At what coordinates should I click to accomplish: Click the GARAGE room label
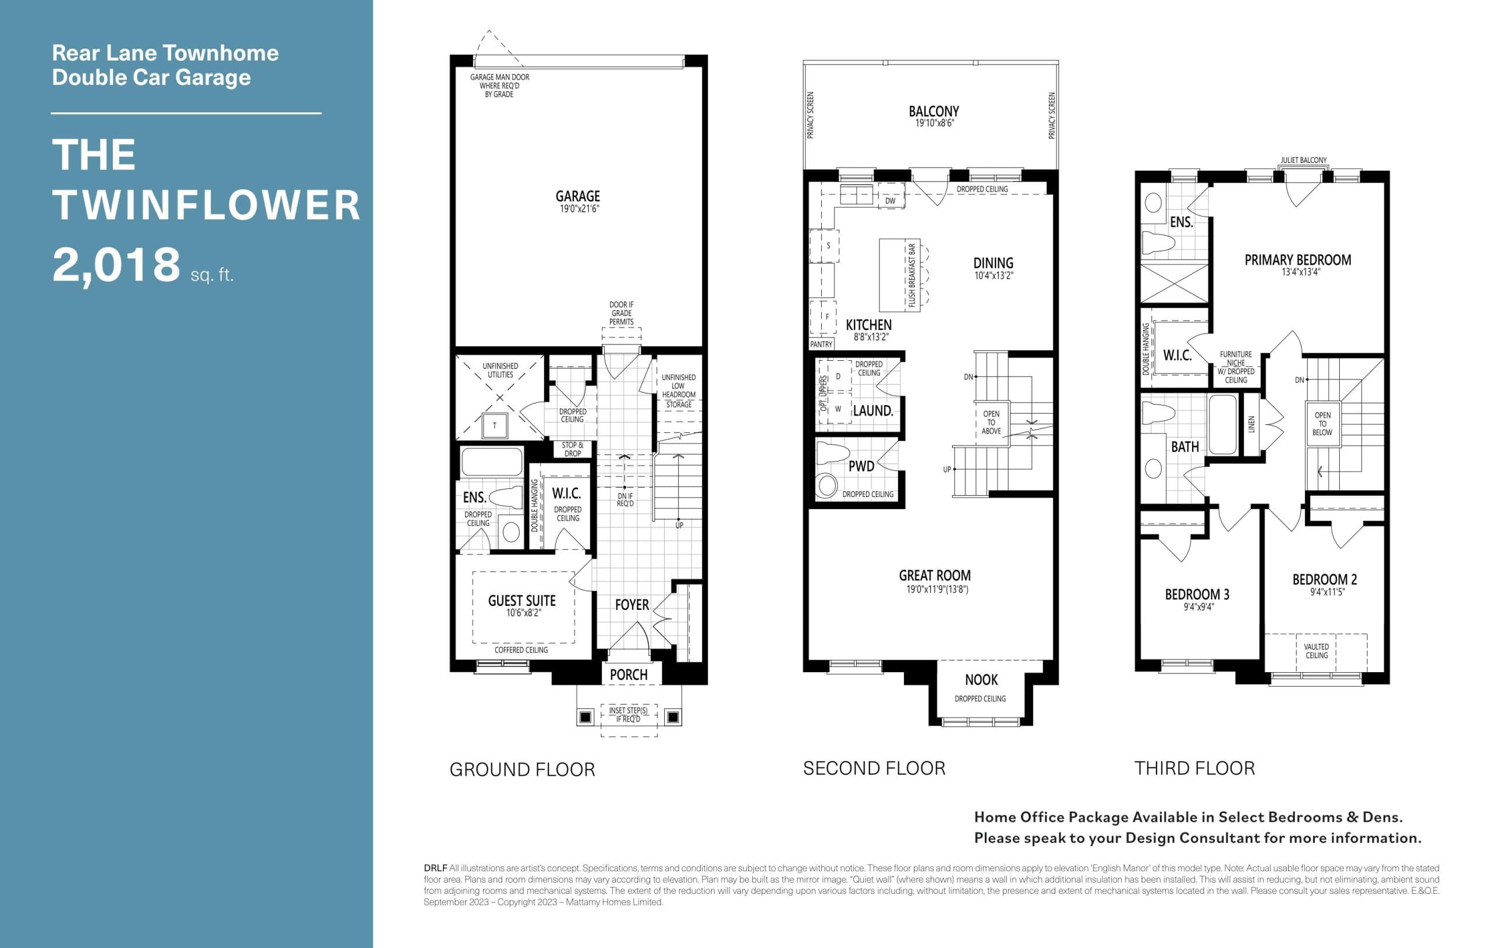point(577,196)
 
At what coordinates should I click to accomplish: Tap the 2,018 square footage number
point(116,265)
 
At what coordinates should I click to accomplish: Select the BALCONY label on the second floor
point(933,111)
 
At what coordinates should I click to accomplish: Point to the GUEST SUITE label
point(521,600)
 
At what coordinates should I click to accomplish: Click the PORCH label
point(628,674)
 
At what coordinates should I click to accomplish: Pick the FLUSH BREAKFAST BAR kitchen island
point(899,275)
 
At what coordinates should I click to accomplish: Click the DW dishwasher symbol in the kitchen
point(890,201)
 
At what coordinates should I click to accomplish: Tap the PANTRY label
point(821,344)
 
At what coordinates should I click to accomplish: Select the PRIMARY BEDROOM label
point(1297,260)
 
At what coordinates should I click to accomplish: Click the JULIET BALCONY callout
point(1303,160)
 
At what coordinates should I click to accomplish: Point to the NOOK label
point(981,680)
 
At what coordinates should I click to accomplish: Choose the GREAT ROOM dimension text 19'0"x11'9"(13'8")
point(937,589)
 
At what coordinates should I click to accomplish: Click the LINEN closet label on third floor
point(1251,424)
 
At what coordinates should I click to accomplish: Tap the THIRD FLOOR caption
point(1194,768)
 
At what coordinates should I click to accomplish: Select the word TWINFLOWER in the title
point(206,205)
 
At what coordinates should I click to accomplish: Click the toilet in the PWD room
point(827,485)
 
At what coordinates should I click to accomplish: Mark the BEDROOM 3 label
point(1197,594)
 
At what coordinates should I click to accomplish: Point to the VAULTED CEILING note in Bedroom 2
point(1316,651)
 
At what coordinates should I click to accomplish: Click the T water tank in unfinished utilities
point(494,426)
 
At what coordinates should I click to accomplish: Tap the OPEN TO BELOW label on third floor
point(1322,424)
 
